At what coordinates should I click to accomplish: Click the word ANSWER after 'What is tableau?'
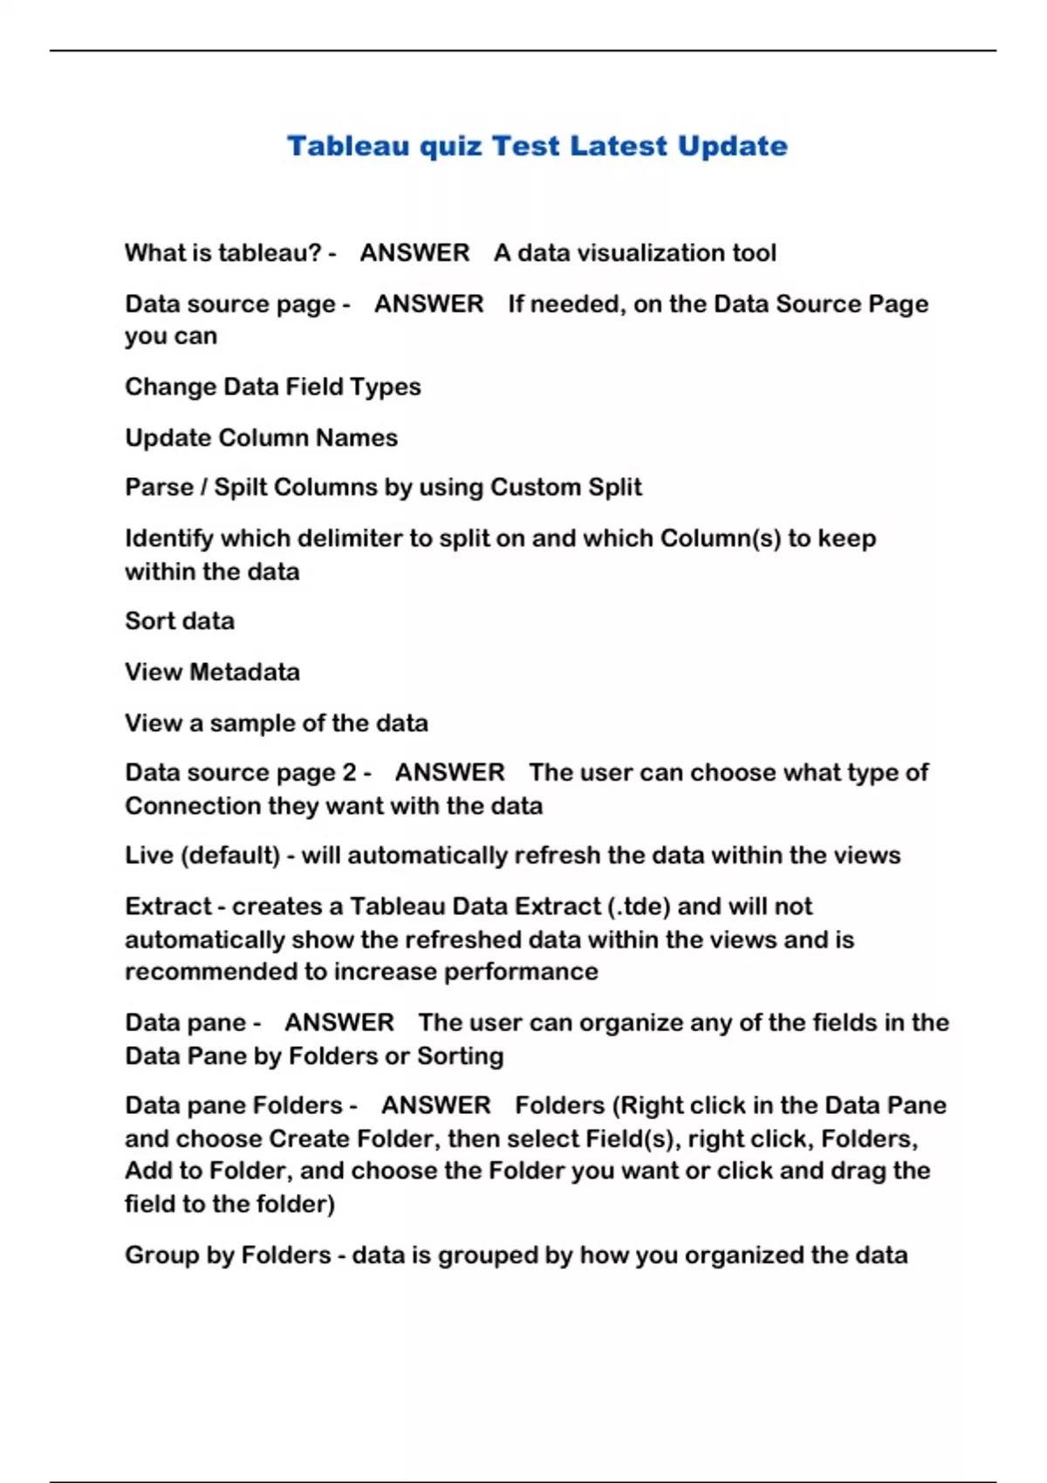(414, 253)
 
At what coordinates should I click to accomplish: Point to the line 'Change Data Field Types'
(272, 386)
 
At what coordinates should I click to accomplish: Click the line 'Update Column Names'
(261, 437)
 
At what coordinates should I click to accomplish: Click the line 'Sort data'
(180, 621)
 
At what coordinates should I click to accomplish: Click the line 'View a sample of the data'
(276, 723)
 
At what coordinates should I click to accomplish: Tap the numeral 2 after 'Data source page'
(349, 773)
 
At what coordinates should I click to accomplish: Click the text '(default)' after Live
(230, 855)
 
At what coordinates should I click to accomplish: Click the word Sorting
(460, 1056)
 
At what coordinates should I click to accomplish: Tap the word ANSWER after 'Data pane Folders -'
(435, 1105)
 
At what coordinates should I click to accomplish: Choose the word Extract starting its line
(168, 906)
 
